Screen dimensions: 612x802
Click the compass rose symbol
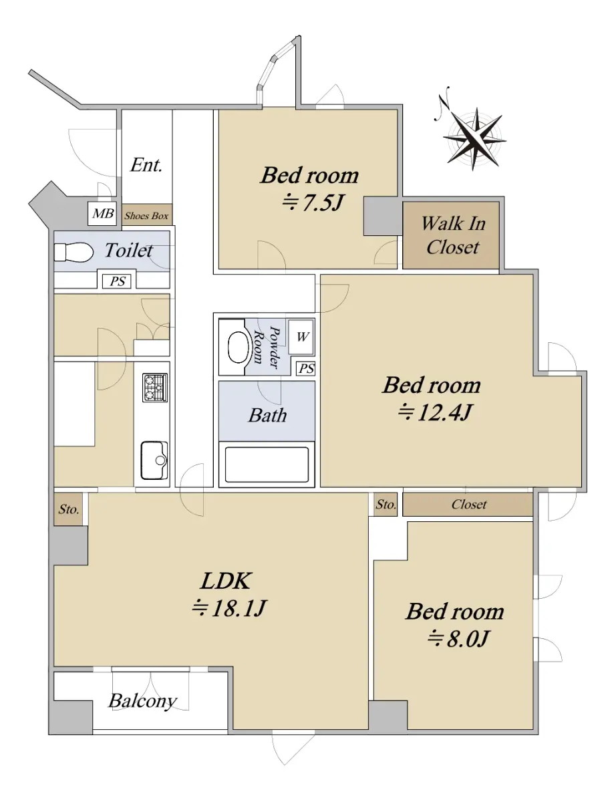coord(474,138)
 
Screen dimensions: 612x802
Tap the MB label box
coord(103,213)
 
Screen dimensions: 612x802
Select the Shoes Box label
coord(146,216)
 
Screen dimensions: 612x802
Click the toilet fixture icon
coord(73,252)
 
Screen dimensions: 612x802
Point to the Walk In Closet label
coord(453,235)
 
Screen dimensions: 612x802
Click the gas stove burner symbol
coord(155,388)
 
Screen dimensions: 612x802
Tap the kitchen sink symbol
coord(154,460)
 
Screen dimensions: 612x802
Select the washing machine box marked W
coord(301,337)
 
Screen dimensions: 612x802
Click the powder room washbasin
coord(238,347)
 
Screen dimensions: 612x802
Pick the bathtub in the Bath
coord(267,464)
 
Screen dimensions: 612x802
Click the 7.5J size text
coord(313,203)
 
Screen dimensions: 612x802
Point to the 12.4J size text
coord(435,412)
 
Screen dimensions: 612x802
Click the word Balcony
coord(143,701)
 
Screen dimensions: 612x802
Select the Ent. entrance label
coord(146,165)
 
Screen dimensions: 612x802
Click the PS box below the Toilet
coord(118,281)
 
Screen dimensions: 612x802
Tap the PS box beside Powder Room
coord(306,369)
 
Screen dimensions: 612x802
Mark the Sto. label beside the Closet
coord(386,505)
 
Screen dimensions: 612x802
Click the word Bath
coord(268,416)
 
